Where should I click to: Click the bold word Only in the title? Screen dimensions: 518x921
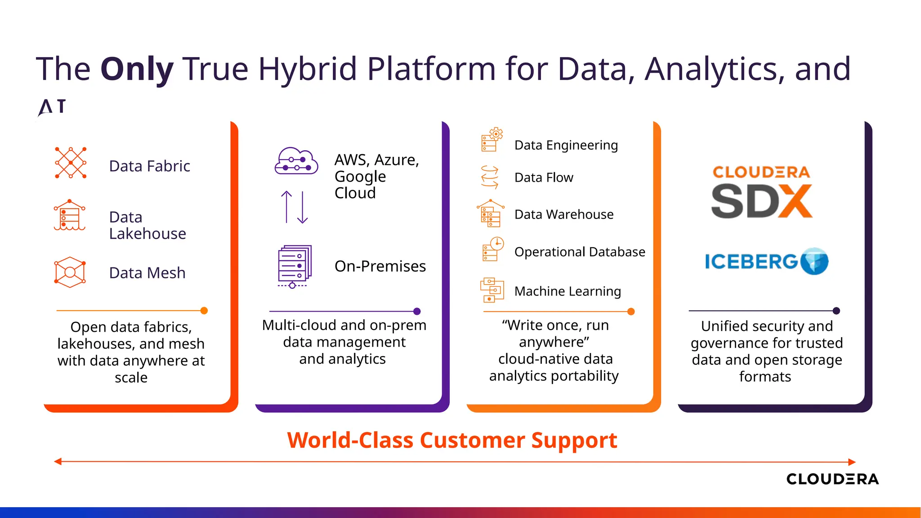137,69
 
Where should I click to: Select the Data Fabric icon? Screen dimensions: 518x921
71,163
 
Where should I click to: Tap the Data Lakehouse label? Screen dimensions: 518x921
148,225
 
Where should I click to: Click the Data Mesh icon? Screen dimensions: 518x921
70,272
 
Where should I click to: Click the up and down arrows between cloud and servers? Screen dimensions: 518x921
294,207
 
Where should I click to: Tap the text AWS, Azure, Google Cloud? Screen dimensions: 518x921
376,176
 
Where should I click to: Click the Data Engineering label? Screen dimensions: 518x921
566,145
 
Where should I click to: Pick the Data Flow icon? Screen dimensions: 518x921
490,177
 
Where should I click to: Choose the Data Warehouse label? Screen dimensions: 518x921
563,214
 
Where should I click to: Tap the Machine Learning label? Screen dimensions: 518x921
568,291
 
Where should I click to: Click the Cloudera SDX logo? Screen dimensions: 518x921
761,192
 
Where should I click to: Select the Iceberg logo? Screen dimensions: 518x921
766,261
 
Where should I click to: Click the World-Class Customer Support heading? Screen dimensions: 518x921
452,440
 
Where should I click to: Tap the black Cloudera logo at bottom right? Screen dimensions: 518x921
832,479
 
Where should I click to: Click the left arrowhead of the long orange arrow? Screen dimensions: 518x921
58,461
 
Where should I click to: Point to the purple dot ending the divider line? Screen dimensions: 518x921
417,311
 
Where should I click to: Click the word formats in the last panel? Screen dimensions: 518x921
765,377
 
